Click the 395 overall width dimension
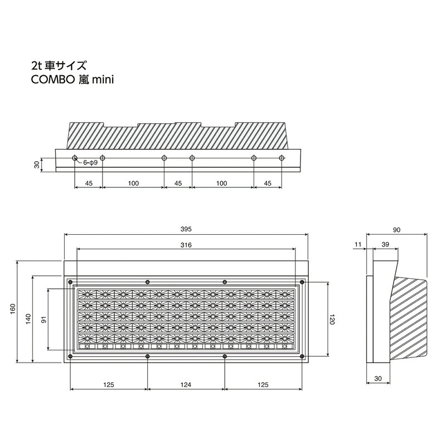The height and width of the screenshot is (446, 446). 186,229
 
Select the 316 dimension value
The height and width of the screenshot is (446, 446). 186,245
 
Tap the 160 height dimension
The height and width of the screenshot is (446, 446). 13,309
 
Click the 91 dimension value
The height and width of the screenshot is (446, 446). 44,319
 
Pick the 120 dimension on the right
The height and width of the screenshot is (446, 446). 332,319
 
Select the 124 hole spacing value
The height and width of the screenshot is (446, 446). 186,385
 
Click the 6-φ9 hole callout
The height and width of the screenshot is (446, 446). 90,163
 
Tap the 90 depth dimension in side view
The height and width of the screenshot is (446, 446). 396,230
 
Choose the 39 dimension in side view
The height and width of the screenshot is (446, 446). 385,244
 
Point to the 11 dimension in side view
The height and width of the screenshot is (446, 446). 358,244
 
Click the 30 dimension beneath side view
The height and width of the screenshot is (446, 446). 378,379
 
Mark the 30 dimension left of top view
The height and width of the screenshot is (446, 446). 37,164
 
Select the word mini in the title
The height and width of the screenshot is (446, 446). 103,80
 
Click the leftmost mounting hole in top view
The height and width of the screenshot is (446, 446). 75,158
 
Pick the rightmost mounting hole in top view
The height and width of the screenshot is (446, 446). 282,158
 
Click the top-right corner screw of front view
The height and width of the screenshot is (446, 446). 302,282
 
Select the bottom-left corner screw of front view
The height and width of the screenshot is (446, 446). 70,356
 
